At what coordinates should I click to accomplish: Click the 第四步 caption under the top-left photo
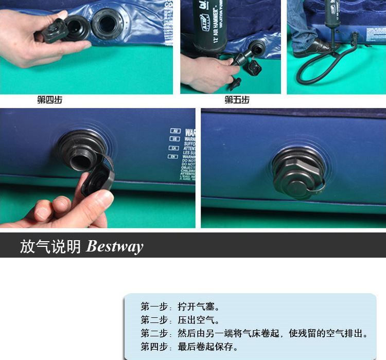coord(49,100)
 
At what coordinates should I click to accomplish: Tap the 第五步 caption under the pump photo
coord(237,100)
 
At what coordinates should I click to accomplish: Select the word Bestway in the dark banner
coord(115,247)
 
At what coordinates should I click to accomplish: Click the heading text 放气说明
coord(50,247)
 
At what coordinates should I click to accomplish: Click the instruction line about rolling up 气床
coord(255,334)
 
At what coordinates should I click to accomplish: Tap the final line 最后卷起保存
coord(190,347)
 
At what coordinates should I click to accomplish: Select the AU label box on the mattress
coord(175,131)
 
